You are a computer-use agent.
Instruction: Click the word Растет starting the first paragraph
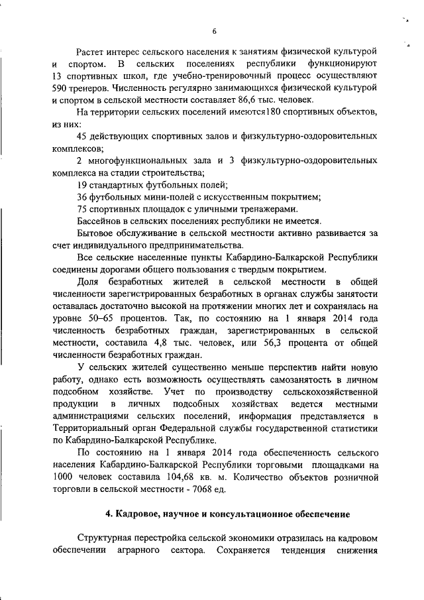click(x=91, y=52)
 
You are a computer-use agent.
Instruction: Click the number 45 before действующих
click(x=83, y=136)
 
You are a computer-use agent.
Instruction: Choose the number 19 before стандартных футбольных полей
click(x=83, y=184)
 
